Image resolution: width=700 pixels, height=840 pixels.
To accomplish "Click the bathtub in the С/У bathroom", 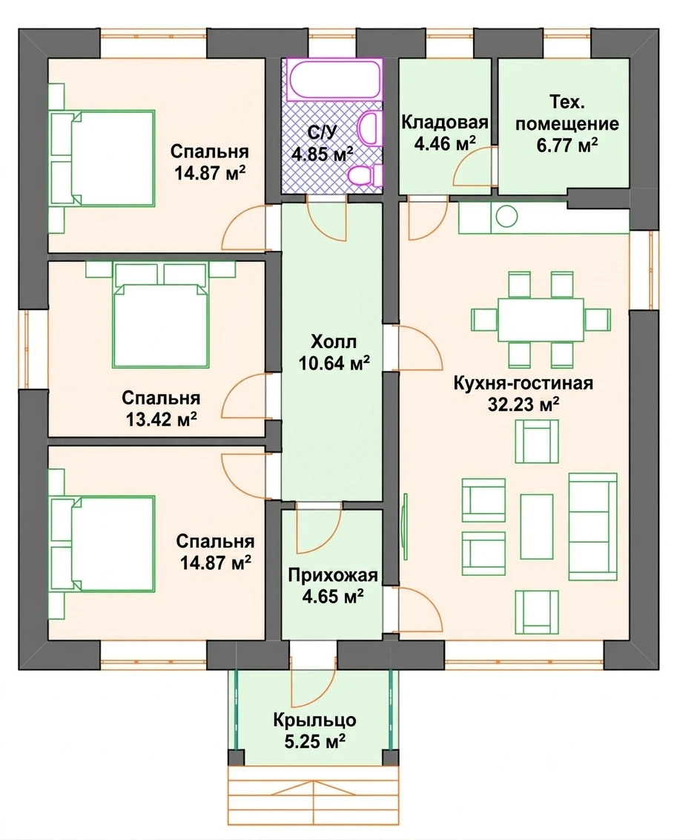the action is [334, 80].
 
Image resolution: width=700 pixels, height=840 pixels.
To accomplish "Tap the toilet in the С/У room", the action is [366, 175].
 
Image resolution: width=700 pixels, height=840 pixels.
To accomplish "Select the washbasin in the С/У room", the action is [370, 128].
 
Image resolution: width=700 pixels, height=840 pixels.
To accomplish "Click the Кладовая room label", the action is [445, 122].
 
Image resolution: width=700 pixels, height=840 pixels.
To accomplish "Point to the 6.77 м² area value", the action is [567, 145].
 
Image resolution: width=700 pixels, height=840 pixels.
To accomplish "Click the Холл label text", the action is [334, 341].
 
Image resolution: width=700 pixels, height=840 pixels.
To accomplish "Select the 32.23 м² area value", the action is [523, 404].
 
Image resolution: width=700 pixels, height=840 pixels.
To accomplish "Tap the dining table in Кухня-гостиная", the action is [541, 320].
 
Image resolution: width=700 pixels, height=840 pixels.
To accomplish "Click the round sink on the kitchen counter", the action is [506, 217].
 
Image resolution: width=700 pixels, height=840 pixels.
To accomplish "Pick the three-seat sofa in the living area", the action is [592, 527].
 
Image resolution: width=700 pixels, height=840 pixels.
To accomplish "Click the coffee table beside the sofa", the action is [537, 527].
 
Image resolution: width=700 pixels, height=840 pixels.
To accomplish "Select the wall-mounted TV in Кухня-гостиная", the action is [405, 520].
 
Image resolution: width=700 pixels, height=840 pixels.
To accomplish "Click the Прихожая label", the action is [333, 575].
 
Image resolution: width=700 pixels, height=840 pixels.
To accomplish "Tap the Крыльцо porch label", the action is [314, 720].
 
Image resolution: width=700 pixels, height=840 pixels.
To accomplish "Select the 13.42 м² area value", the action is [161, 419].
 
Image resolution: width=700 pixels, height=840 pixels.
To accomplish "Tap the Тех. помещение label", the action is [567, 113].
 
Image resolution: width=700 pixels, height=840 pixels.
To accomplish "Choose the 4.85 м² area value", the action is [322, 154].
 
